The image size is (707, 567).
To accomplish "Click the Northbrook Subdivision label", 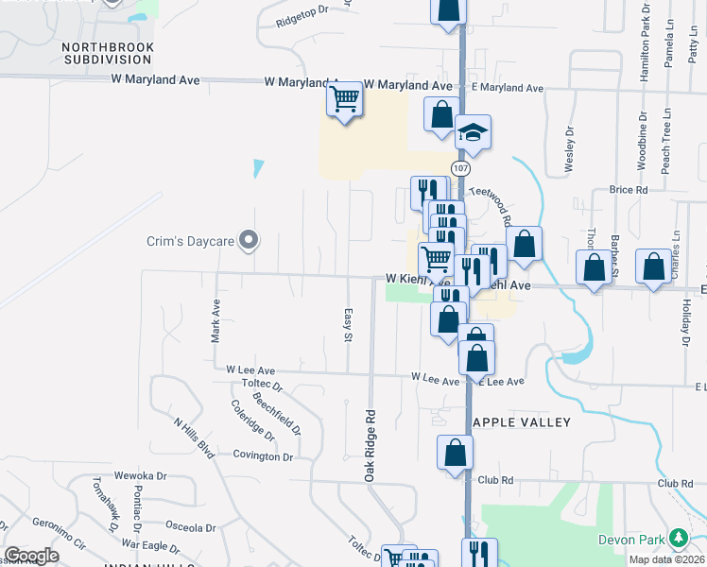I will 107,52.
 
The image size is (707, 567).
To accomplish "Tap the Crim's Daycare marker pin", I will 249,240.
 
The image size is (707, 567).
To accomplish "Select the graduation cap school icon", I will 473,133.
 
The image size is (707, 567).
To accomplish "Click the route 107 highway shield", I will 460,168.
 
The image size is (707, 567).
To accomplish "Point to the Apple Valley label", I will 521,422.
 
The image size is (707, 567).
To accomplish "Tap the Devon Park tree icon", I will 677,539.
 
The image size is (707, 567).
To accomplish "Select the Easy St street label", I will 348,324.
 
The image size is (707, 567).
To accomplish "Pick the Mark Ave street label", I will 216,319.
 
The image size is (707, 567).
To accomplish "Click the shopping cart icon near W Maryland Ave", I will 345,97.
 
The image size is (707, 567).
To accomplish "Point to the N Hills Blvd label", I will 195,438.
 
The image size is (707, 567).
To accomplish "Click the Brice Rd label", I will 629,190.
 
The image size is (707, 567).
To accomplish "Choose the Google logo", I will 32,556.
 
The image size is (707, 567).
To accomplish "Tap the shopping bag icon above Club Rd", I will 456,453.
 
